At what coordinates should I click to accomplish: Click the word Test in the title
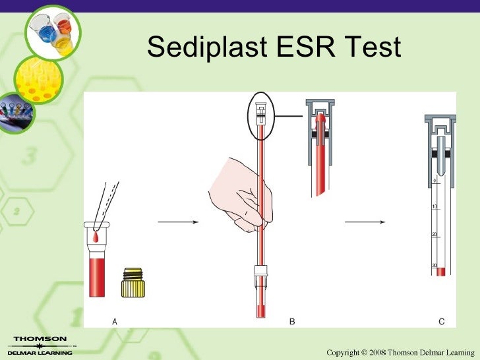click(x=373, y=47)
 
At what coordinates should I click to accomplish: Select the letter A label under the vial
click(x=115, y=321)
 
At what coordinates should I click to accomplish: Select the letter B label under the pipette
click(x=292, y=321)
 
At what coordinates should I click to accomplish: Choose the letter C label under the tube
click(x=441, y=321)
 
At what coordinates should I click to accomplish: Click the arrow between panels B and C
click(x=364, y=222)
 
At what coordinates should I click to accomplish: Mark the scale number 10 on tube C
click(x=434, y=207)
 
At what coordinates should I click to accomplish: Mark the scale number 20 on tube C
click(x=434, y=235)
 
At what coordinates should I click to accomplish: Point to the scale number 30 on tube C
click(x=434, y=265)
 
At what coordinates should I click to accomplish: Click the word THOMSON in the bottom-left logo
click(x=40, y=339)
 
